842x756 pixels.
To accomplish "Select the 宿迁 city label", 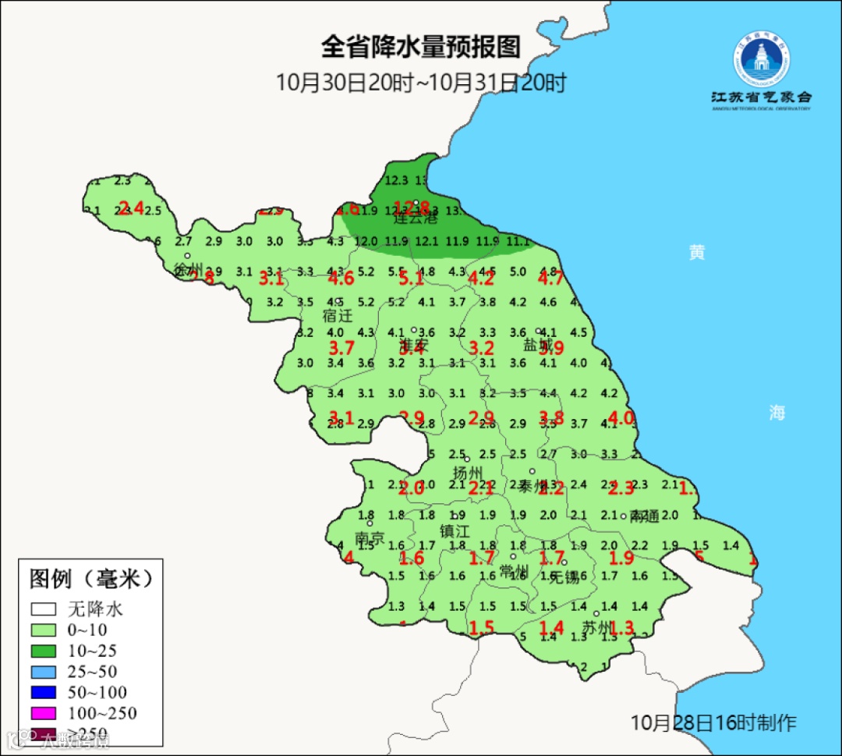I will (338, 316).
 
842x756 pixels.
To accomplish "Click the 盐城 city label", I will (537, 345).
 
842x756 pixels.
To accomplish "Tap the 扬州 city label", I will (469, 473).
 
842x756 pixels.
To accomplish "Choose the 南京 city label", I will (370, 538).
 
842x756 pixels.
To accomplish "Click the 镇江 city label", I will (456, 531).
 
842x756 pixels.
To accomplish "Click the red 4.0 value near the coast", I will (621, 417).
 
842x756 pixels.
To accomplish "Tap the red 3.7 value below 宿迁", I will (341, 348).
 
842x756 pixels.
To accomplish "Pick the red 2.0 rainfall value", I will (412, 489).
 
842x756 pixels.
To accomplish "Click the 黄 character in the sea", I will (697, 253).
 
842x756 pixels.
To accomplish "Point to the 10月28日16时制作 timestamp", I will (713, 722).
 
